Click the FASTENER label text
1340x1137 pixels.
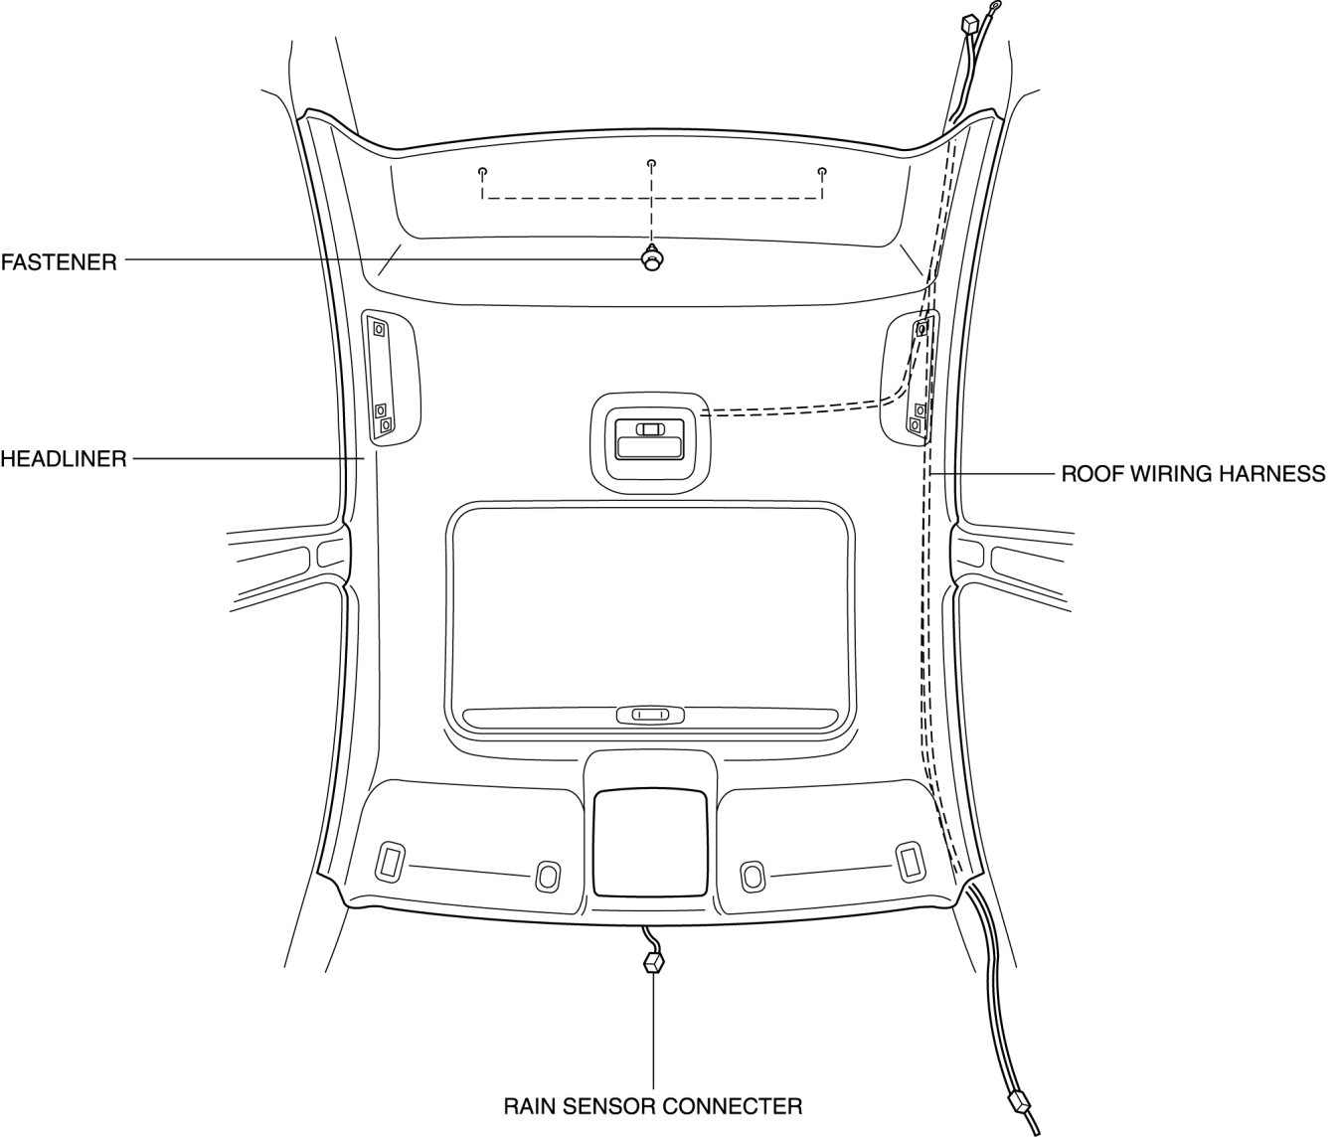pyautogui.click(x=59, y=262)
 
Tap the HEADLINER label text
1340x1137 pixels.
pyautogui.click(x=64, y=459)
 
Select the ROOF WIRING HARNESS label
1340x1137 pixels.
pyautogui.click(x=1193, y=473)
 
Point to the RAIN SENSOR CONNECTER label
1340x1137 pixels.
pyautogui.click(x=652, y=1105)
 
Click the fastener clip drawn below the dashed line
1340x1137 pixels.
pyautogui.click(x=652, y=259)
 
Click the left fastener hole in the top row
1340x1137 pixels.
pyautogui.click(x=482, y=171)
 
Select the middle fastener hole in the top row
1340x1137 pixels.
pyautogui.click(x=651, y=163)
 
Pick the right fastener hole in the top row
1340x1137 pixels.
pyautogui.click(x=822, y=171)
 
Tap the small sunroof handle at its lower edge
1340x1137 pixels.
pyautogui.click(x=650, y=714)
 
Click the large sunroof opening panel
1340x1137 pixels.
pyautogui.click(x=651, y=606)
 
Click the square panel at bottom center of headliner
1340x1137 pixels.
pyautogui.click(x=651, y=841)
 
